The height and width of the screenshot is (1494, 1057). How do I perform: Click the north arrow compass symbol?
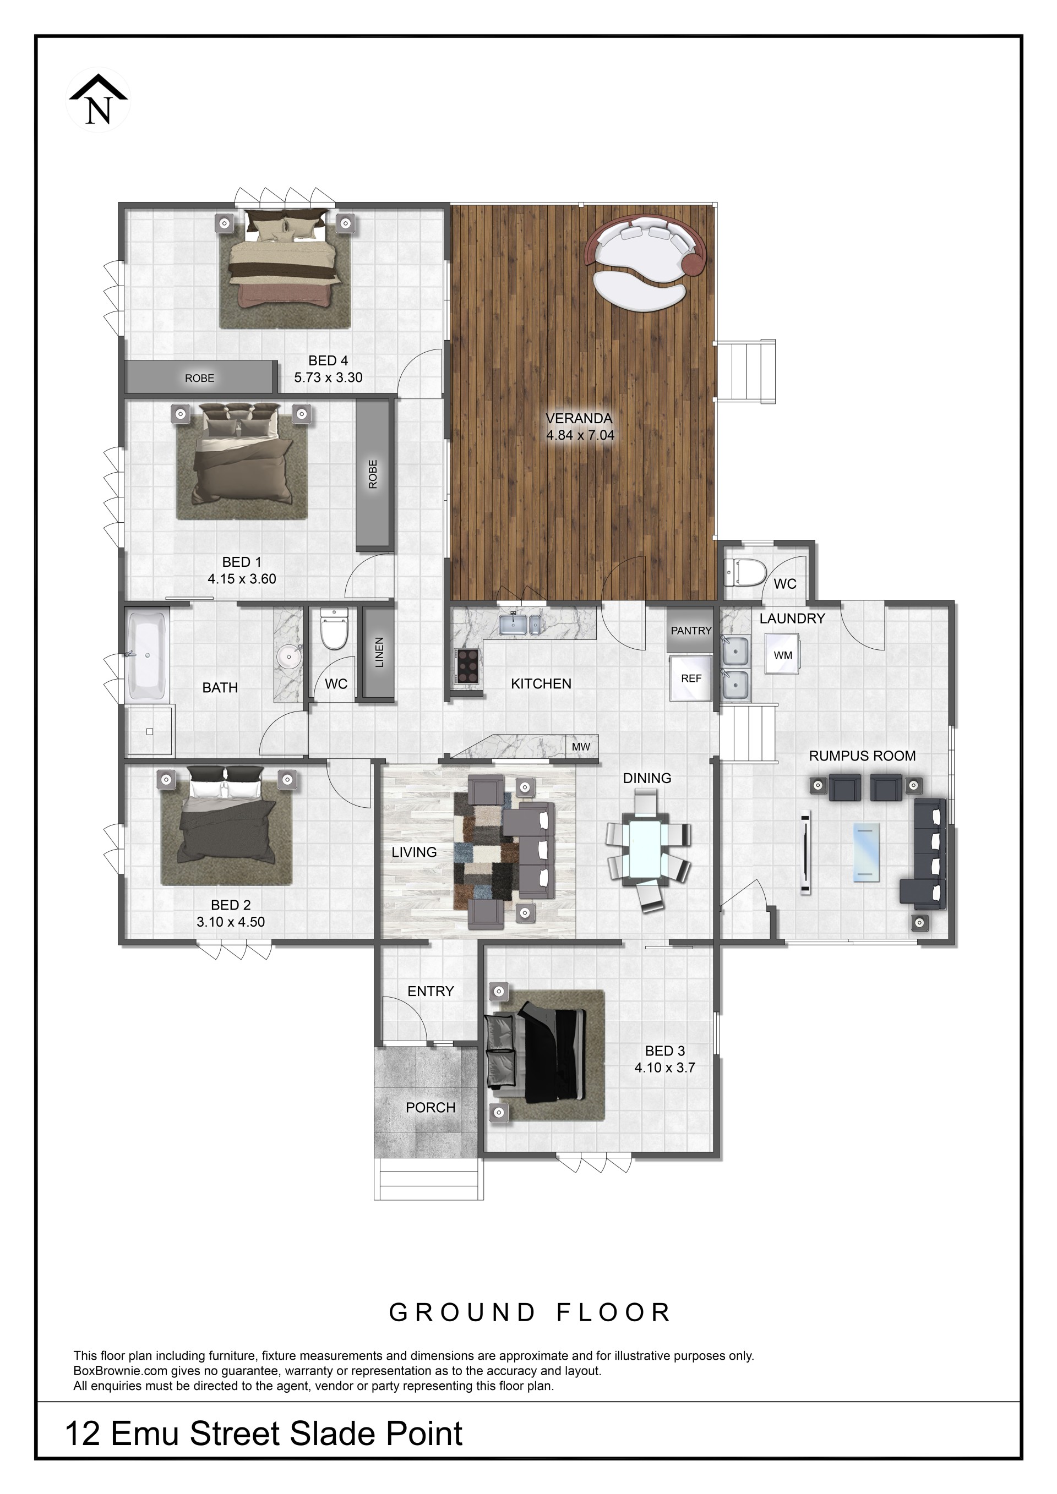tap(99, 100)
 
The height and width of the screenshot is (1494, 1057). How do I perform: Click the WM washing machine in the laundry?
tap(782, 655)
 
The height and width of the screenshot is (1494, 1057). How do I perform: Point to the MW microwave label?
tap(581, 747)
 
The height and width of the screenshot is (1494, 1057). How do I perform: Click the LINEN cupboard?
tap(378, 652)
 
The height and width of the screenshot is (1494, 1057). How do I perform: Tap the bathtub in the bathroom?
tap(148, 654)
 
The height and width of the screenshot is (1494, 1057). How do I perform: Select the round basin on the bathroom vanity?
tap(288, 657)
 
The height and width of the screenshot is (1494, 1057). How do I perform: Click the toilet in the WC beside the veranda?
tap(745, 573)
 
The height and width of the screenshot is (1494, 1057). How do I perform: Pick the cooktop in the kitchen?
tap(467, 666)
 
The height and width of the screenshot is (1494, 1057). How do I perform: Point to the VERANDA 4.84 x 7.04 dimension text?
tap(579, 427)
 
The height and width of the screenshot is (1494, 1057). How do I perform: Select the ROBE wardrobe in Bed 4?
tap(199, 377)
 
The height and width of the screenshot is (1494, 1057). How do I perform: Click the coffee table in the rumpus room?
tap(865, 852)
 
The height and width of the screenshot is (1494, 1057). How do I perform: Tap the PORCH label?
tap(430, 1108)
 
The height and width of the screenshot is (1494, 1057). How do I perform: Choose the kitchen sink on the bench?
tap(519, 623)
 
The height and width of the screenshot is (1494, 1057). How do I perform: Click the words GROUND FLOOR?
tap(529, 1312)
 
